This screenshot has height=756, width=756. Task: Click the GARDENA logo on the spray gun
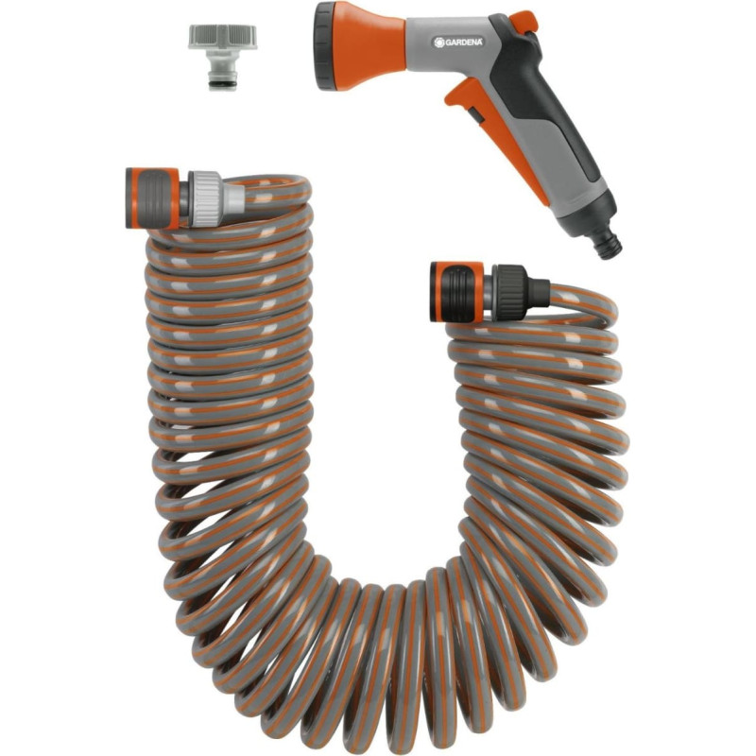click(457, 42)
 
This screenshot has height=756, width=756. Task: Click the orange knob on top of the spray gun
click(524, 20)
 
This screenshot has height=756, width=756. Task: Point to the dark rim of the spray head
click(322, 46)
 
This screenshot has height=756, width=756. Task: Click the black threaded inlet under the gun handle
click(609, 245)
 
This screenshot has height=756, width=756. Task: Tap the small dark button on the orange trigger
click(475, 115)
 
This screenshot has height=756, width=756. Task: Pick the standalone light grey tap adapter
click(222, 57)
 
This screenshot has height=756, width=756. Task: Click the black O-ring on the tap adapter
click(223, 85)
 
